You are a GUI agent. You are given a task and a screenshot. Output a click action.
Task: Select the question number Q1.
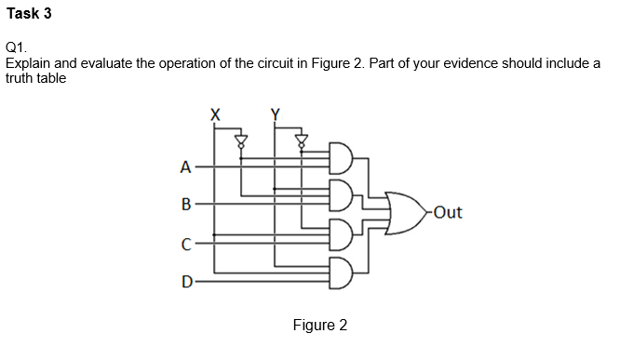(16, 47)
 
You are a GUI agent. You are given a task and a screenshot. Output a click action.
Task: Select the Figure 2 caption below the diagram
(319, 326)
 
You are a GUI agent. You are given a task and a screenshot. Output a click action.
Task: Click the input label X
(215, 115)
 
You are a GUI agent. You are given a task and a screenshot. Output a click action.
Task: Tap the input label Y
(275, 115)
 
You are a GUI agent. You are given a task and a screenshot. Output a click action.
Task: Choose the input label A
(185, 168)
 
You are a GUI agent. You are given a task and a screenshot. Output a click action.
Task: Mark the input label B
(185, 203)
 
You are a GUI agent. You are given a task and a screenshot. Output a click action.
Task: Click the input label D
(185, 280)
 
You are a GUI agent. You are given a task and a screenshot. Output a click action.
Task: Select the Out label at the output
(447, 213)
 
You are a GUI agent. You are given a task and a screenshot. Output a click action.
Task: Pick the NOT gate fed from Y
(301, 141)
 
